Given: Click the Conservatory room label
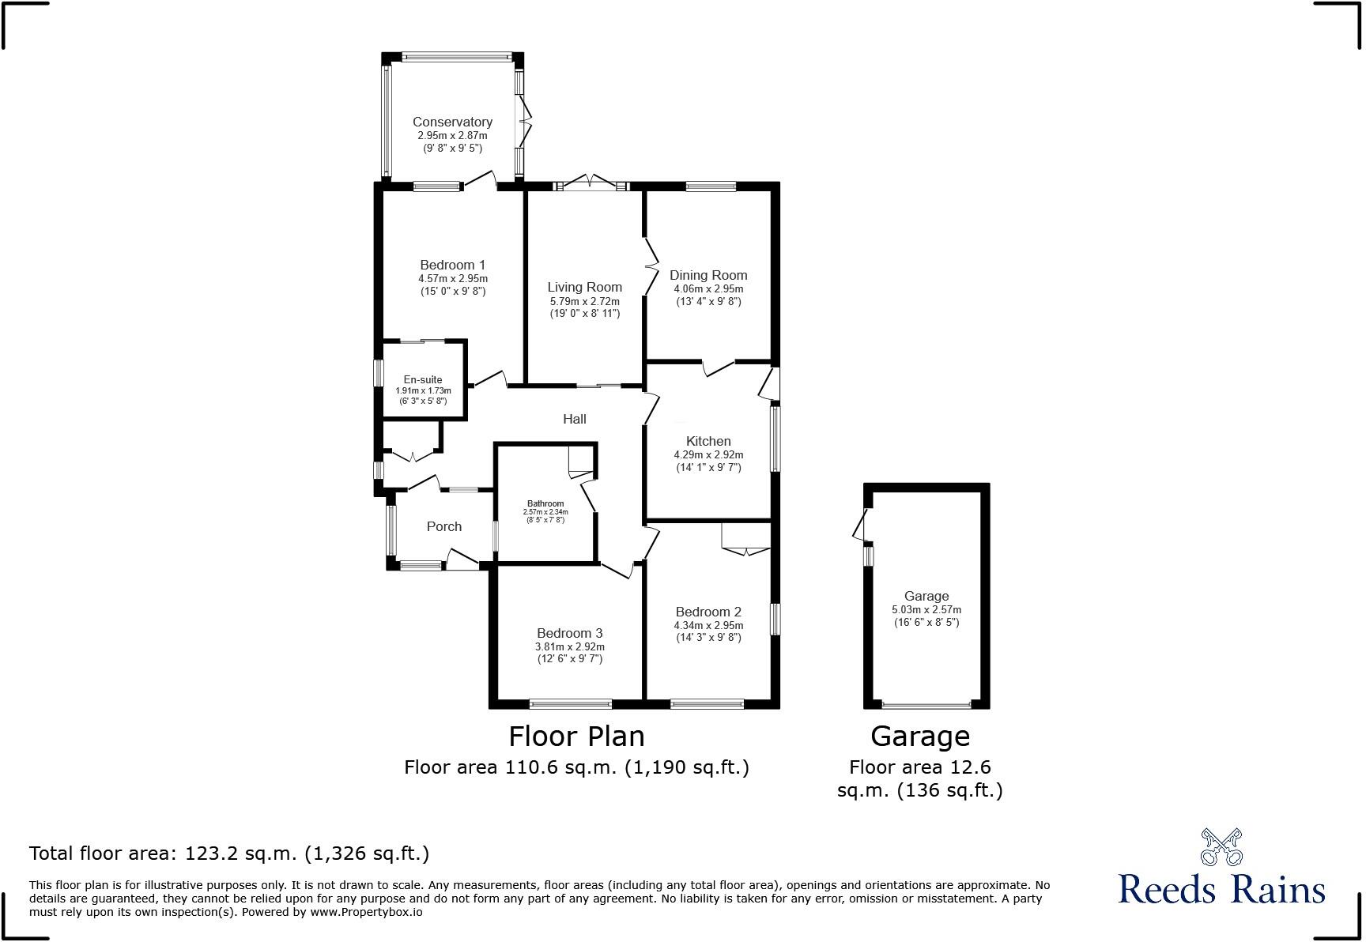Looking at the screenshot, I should click(x=452, y=122).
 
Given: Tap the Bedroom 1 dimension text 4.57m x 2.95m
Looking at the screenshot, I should click(x=453, y=279).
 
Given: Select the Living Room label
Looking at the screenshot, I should click(x=584, y=287).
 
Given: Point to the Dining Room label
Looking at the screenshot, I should click(x=708, y=275).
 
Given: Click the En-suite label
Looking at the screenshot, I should click(x=423, y=379).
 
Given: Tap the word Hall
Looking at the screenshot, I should click(x=575, y=419).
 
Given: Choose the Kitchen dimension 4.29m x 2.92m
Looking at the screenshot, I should click(x=708, y=455).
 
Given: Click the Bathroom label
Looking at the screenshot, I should click(x=545, y=503).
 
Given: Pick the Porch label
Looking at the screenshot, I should click(x=443, y=526).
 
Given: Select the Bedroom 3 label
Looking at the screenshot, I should click(x=569, y=633).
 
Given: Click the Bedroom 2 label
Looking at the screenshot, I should click(x=708, y=612).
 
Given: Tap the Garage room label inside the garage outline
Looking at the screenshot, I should click(x=926, y=596).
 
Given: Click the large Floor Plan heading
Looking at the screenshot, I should click(x=576, y=737).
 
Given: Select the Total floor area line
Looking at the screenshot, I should click(x=229, y=853).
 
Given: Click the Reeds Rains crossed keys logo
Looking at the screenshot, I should click(x=1221, y=847).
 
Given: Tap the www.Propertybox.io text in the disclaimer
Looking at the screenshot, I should click(x=366, y=912).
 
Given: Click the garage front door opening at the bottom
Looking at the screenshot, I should click(x=926, y=704).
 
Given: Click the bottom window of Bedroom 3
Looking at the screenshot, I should click(x=570, y=703).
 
